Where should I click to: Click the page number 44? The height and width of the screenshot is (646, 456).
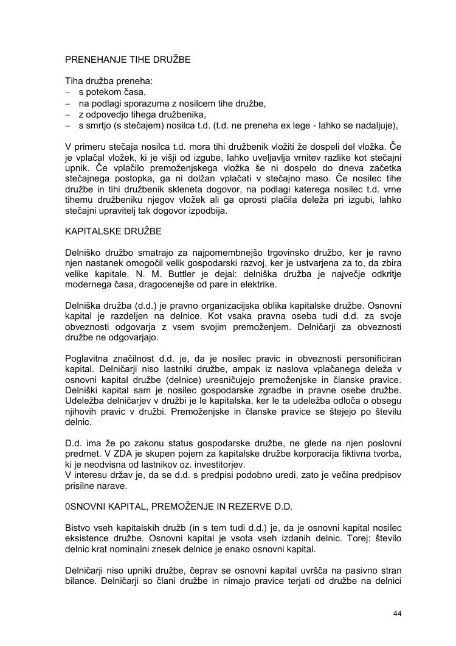pos(398,613)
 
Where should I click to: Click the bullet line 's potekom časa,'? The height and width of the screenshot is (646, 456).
pos(112,92)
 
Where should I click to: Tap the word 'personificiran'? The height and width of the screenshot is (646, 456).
pos(372,358)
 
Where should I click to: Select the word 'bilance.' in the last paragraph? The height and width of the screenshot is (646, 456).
pos(81,581)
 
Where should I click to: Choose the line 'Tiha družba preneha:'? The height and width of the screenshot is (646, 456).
pos(105,81)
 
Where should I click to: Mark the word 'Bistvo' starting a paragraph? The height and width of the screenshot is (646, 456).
pos(79,527)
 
